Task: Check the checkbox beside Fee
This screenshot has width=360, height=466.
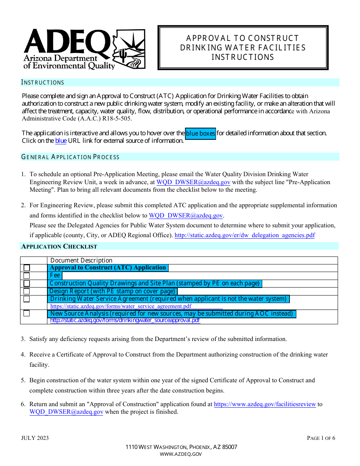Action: click(27, 276)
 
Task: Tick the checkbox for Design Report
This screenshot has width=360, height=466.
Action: click(27, 291)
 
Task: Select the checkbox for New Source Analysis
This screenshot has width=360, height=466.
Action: click(27, 314)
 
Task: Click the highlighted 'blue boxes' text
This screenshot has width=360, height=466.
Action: click(200, 133)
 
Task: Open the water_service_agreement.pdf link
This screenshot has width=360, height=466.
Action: click(121, 306)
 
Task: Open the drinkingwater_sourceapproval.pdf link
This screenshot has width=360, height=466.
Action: click(125, 321)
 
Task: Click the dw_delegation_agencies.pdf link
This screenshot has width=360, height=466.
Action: click(244, 235)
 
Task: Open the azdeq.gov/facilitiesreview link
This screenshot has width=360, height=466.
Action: click(265, 404)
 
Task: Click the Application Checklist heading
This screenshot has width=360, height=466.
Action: click(59, 247)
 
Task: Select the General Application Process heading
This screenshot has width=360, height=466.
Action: click(70, 157)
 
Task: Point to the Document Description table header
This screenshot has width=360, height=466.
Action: click(81, 260)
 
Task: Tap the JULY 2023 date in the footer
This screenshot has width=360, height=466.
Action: click(35, 438)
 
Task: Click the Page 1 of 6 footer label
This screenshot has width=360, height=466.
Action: click(321, 438)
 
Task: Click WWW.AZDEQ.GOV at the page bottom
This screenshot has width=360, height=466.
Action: click(181, 454)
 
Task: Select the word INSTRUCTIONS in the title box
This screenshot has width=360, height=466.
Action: click(243, 57)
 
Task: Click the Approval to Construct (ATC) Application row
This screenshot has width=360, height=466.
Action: click(108, 268)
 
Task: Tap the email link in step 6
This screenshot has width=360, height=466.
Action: click(66, 412)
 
